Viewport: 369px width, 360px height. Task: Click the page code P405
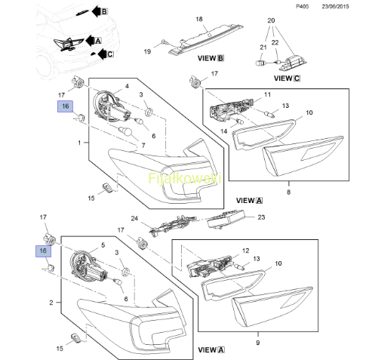pyautogui.click(x=302, y=7)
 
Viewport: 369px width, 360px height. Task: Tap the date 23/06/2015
pyautogui.click(x=335, y=7)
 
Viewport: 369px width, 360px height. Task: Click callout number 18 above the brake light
pyautogui.click(x=199, y=19)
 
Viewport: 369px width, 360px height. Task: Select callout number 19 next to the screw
pyautogui.click(x=147, y=51)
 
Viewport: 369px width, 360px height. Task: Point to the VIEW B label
pyautogui.click(x=211, y=58)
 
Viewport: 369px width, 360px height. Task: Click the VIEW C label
pyautogui.click(x=287, y=78)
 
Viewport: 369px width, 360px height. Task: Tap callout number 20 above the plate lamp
pyautogui.click(x=271, y=20)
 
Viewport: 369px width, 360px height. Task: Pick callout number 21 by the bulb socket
pyautogui.click(x=263, y=48)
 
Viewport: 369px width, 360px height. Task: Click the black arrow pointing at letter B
pyautogui.click(x=96, y=11)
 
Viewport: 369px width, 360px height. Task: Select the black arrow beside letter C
pyautogui.click(x=102, y=54)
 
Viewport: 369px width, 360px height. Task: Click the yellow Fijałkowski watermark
pyautogui.click(x=185, y=178)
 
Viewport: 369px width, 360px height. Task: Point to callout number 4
pyautogui.click(x=127, y=86)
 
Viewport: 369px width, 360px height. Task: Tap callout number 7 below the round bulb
pyautogui.click(x=143, y=146)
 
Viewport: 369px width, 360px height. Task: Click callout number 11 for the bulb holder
pyautogui.click(x=267, y=94)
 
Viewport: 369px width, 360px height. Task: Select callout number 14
pyautogui.click(x=223, y=131)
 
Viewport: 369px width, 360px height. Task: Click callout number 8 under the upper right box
pyautogui.click(x=288, y=192)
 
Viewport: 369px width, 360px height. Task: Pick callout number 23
pyautogui.click(x=261, y=217)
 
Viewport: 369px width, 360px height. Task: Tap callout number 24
pyautogui.click(x=134, y=218)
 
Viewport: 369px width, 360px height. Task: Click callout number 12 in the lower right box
pyautogui.click(x=245, y=251)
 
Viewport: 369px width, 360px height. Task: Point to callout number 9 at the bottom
pyautogui.click(x=258, y=343)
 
